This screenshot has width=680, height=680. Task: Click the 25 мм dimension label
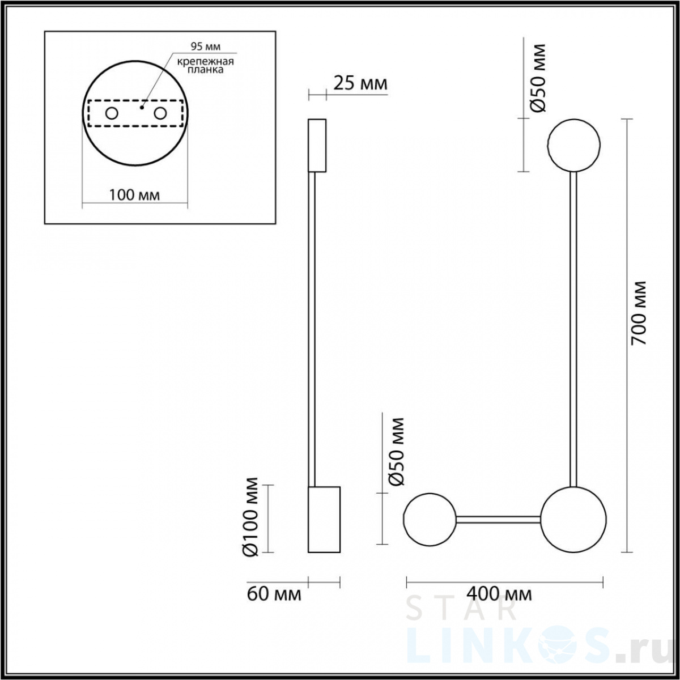(360, 84)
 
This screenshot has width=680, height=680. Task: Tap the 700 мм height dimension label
(639, 313)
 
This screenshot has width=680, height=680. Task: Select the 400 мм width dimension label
(499, 594)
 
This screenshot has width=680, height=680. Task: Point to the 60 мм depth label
(274, 594)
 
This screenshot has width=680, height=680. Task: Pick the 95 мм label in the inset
(205, 46)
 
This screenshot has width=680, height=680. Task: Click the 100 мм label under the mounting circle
(134, 195)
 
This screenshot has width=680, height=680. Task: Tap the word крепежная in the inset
(205, 61)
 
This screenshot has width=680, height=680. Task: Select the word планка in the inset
(205, 70)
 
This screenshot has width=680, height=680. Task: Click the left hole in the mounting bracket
(112, 114)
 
